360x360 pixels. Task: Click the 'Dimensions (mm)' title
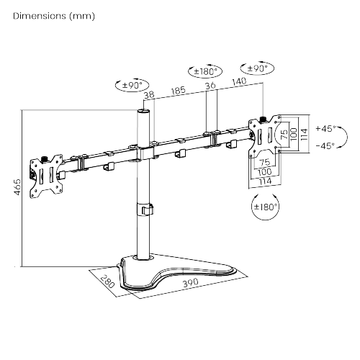[54, 16]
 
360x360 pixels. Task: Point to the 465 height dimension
[17, 187]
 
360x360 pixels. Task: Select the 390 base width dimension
[191, 282]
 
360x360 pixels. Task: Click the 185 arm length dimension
[179, 91]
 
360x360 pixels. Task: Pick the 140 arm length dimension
[239, 81]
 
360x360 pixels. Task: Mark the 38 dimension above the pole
[149, 94]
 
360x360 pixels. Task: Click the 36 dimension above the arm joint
[210, 86]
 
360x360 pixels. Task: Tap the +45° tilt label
[325, 129]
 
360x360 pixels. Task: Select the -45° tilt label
[325, 145]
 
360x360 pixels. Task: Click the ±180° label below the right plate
[266, 207]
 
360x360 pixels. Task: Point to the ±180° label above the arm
[205, 71]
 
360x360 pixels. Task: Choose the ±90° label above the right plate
[257, 68]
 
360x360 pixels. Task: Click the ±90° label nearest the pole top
[132, 85]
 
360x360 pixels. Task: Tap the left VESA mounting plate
[46, 176]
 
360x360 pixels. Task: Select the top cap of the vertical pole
[143, 112]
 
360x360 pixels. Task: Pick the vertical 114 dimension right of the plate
[304, 135]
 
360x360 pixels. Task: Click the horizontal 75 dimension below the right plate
[265, 163]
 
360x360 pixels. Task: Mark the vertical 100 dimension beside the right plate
[294, 134]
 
